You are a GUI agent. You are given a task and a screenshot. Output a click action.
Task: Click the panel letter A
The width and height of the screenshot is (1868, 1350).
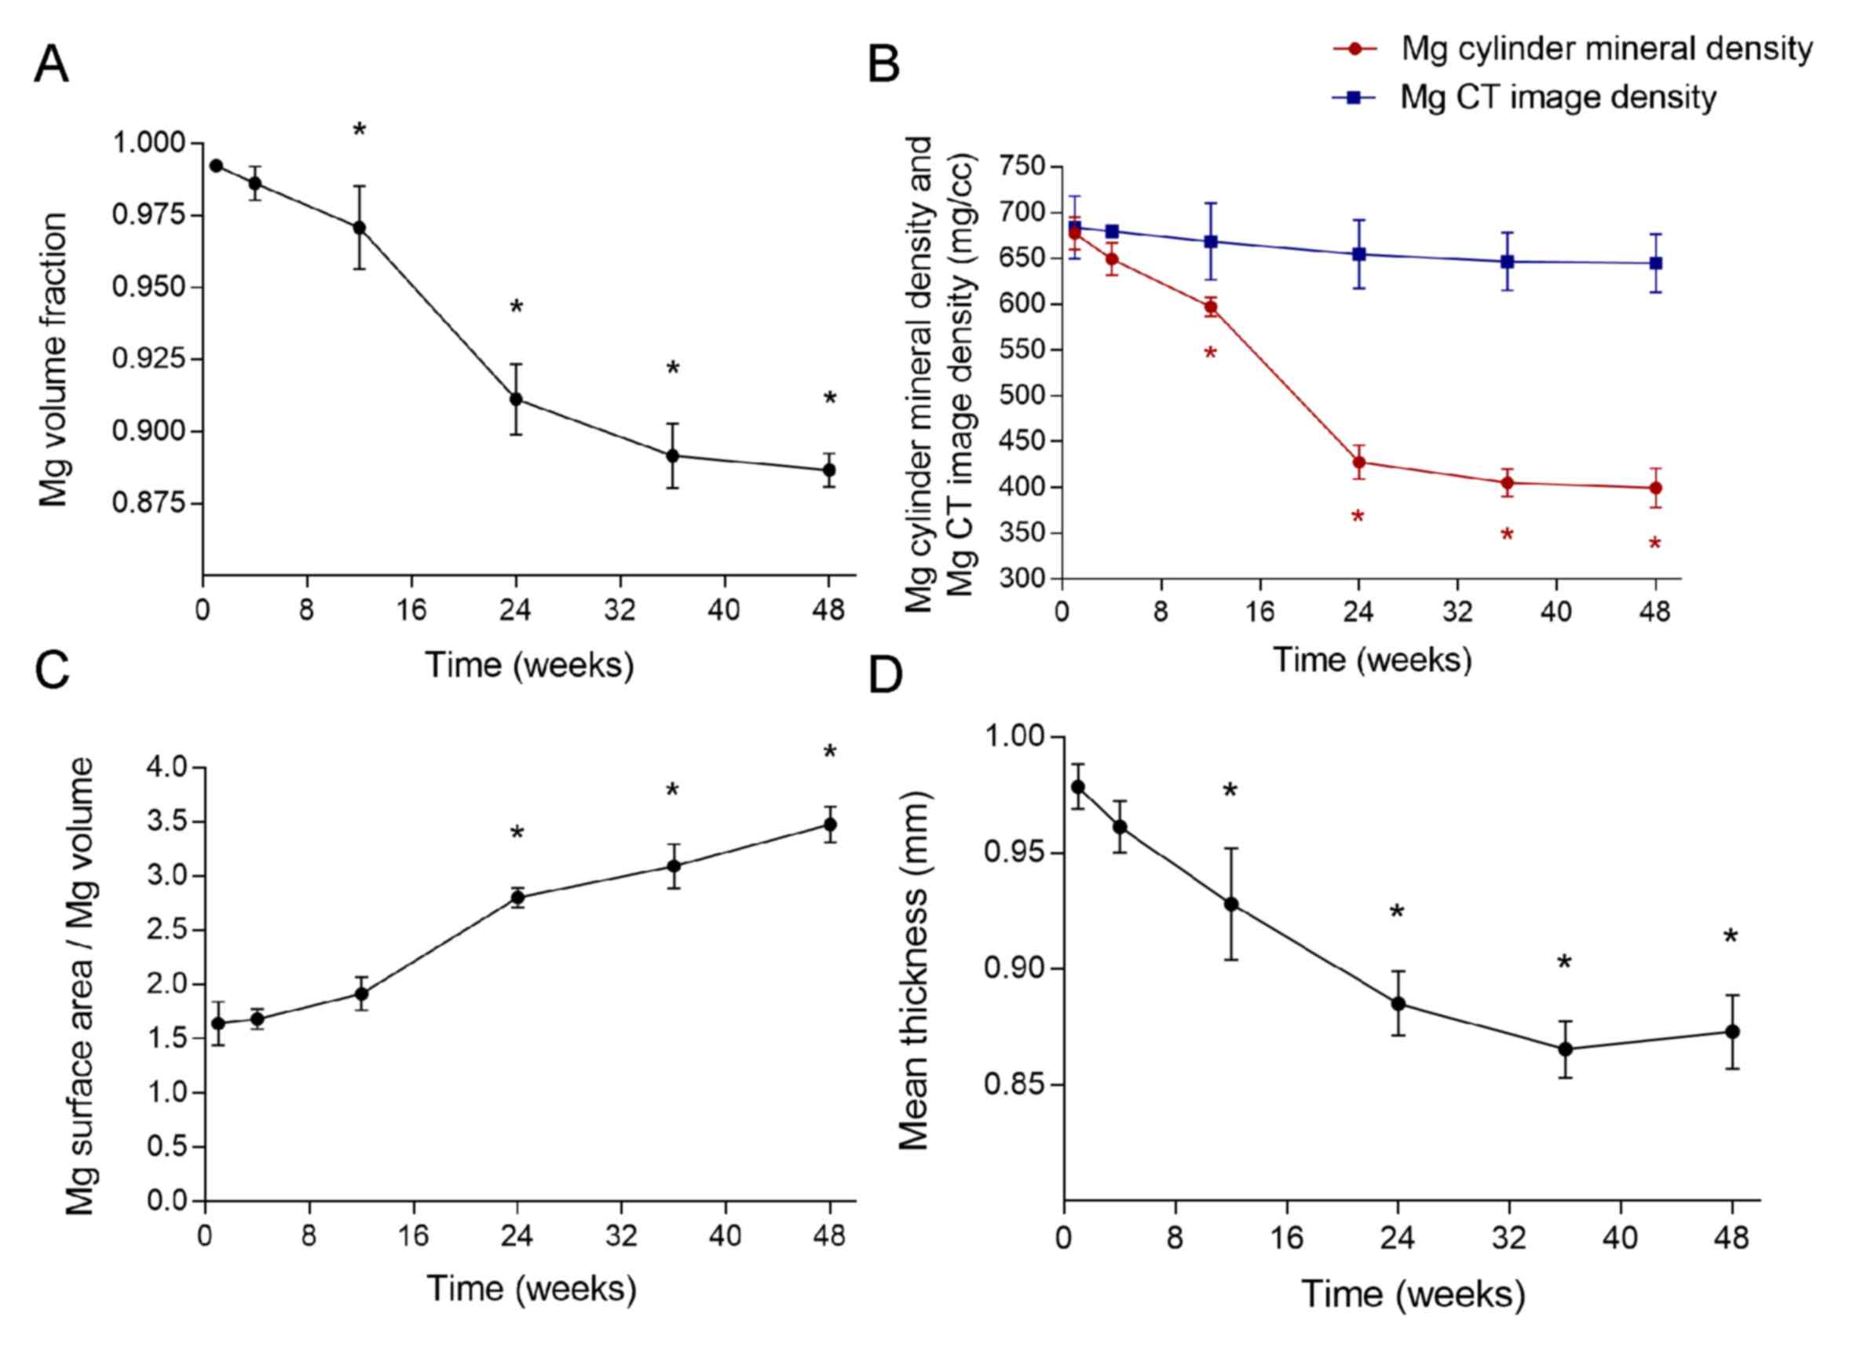(x=51, y=64)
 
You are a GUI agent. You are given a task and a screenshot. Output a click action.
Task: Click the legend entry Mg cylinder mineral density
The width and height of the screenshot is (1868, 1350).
(x=1606, y=49)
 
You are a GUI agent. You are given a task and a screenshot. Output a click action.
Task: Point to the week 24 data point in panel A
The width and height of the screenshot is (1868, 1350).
(x=517, y=400)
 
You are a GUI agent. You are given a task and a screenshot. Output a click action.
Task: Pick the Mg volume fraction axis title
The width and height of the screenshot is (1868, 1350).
(x=53, y=360)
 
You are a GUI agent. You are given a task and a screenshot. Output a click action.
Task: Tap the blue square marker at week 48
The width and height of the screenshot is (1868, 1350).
(x=1655, y=264)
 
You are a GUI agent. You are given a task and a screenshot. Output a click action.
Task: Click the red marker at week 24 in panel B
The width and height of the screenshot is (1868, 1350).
(x=1359, y=462)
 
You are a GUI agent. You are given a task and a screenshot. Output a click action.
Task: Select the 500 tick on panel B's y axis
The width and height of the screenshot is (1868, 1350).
(x=1022, y=396)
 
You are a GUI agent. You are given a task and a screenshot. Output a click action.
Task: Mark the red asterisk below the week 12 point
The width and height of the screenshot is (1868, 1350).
(x=1210, y=354)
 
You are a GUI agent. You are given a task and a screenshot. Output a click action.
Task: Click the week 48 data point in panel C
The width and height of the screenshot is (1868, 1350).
(x=830, y=825)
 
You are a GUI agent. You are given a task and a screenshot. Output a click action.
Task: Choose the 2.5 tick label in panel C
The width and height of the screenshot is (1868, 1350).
(x=167, y=930)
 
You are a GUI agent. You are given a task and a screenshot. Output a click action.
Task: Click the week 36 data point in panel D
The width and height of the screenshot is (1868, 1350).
(x=1565, y=1049)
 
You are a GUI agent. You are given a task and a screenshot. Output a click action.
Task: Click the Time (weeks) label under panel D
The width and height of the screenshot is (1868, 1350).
(x=1413, y=1294)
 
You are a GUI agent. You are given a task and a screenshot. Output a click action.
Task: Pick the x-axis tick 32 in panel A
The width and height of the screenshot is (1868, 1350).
(x=620, y=610)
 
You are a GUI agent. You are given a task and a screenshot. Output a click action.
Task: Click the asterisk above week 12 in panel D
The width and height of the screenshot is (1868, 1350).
(x=1230, y=792)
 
